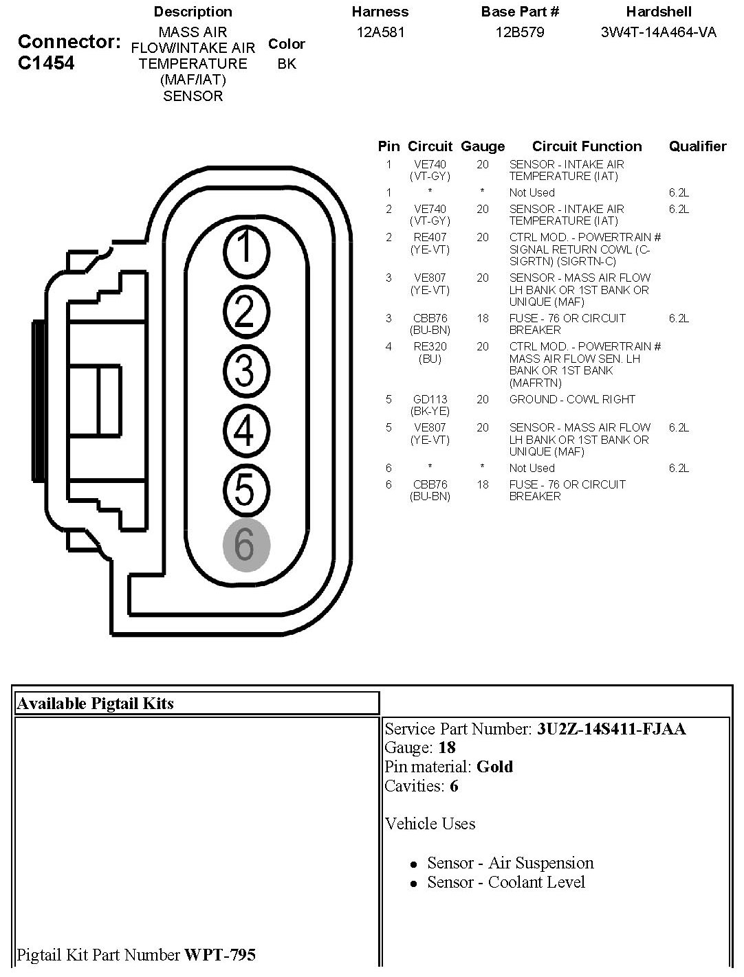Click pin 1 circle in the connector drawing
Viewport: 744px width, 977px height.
245,249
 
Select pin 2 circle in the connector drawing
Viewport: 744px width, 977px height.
245,309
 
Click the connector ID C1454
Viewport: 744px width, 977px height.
45,63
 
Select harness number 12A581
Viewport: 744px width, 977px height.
380,32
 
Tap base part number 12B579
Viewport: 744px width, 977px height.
520,32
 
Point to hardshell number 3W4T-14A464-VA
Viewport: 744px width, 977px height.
658,32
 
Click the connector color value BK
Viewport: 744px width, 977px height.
287,64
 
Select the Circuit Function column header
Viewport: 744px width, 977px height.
587,146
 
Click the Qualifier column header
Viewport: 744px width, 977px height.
697,146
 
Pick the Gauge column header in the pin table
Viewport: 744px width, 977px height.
482,146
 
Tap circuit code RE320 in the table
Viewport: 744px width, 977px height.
430,347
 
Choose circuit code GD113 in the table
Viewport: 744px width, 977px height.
430,399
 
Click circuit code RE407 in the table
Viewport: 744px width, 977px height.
430,238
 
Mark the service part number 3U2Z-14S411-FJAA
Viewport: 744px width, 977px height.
611,729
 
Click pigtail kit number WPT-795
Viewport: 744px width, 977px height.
220,955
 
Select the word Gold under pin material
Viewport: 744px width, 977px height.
494,767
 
